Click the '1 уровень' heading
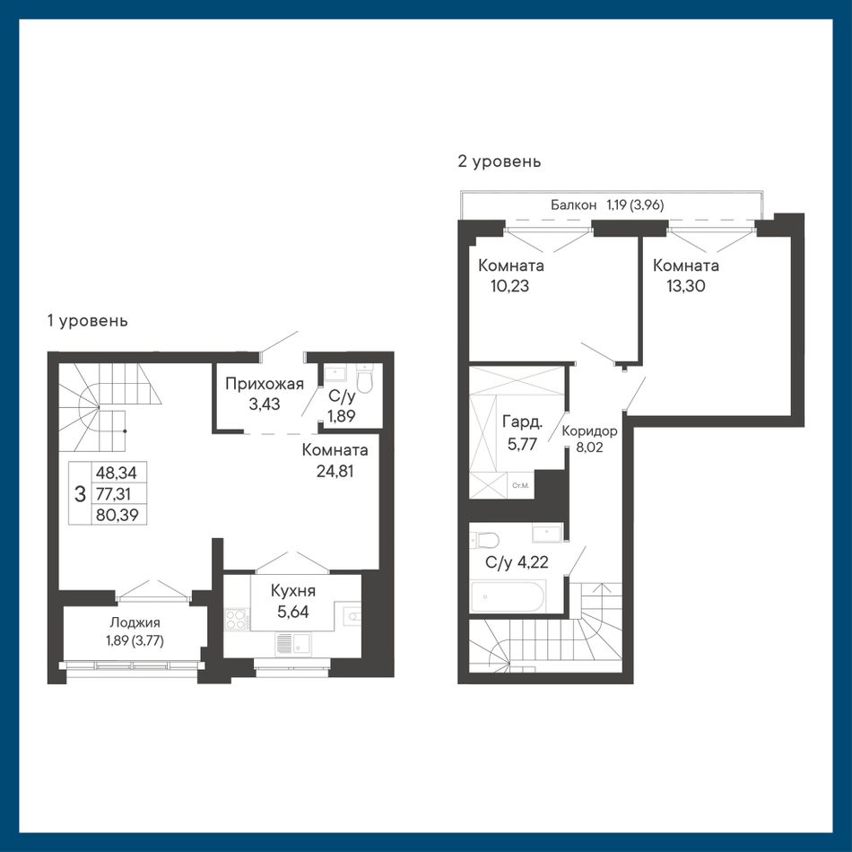point(88,321)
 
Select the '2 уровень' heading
point(500,161)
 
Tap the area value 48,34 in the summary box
point(117,472)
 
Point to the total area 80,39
point(117,514)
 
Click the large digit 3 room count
point(80,494)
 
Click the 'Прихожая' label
point(264,384)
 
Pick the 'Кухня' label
point(293,590)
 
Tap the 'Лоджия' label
point(135,622)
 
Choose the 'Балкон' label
point(573,204)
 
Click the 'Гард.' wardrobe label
point(522,422)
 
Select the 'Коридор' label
point(589,431)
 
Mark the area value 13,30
point(686,286)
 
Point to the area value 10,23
point(509,286)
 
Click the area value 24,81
point(335,471)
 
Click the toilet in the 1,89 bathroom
point(365,378)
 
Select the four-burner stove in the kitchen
point(238,620)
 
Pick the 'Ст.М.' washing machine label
point(520,485)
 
